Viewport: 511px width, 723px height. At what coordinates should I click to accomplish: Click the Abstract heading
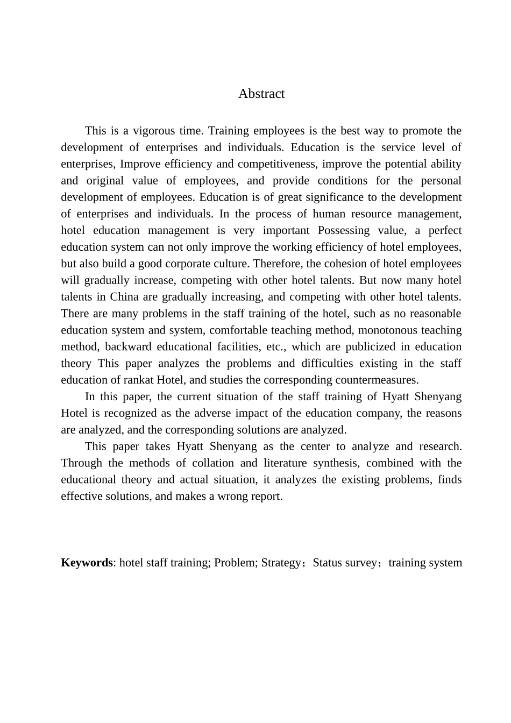click(261, 94)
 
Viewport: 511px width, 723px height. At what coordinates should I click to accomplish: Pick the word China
click(124, 297)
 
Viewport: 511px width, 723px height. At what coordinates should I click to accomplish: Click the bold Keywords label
click(87, 563)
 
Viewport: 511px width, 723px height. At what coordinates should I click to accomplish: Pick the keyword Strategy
click(281, 563)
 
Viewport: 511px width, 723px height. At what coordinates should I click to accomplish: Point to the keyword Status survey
click(345, 563)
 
